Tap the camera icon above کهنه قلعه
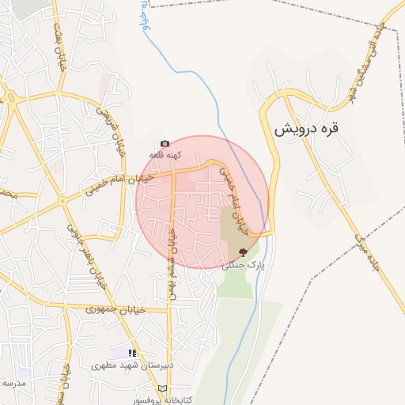[164, 144]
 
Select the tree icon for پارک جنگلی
[243, 252]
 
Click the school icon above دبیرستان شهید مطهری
[133, 353]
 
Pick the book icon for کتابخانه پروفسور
[163, 389]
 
